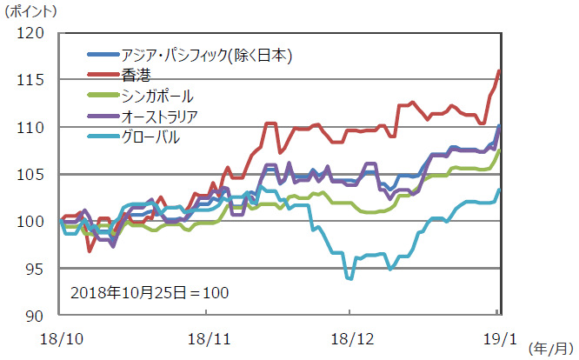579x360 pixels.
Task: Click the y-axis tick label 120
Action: (31, 33)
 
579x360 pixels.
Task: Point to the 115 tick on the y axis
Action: (31, 80)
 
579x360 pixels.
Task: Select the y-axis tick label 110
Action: (31, 128)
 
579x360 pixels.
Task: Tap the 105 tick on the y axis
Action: (31, 175)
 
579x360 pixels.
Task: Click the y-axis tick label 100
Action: (31, 222)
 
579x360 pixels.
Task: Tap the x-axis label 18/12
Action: (349, 334)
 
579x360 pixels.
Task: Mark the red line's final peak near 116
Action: (499, 70)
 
